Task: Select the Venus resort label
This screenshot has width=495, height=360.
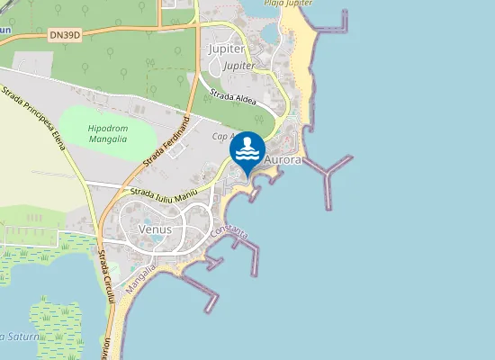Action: [x=155, y=229]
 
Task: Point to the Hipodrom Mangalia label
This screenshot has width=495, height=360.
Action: [x=107, y=134]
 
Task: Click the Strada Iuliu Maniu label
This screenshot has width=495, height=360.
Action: [x=163, y=191]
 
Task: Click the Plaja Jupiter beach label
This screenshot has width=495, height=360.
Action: [x=288, y=4]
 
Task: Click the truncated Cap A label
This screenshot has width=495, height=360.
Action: [x=223, y=137]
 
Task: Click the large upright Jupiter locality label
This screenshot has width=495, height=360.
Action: [x=226, y=49]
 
